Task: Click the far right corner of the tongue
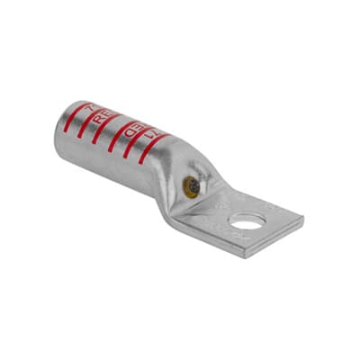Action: click(301, 216)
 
